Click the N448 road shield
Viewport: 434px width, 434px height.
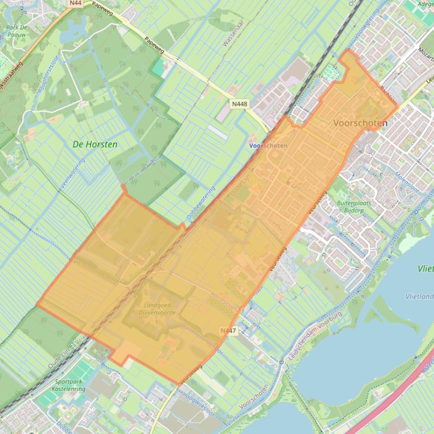click(240, 104)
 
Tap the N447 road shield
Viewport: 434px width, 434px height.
click(228, 330)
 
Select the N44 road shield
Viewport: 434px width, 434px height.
click(76, 3)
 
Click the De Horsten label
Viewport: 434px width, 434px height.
click(95, 144)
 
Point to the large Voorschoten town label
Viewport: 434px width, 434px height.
click(360, 123)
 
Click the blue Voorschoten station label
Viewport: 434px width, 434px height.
click(268, 145)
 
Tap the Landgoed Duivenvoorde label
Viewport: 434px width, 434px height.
click(156, 309)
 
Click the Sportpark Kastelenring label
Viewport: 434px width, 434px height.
click(68, 385)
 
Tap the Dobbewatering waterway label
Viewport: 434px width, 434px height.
click(201, 203)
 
